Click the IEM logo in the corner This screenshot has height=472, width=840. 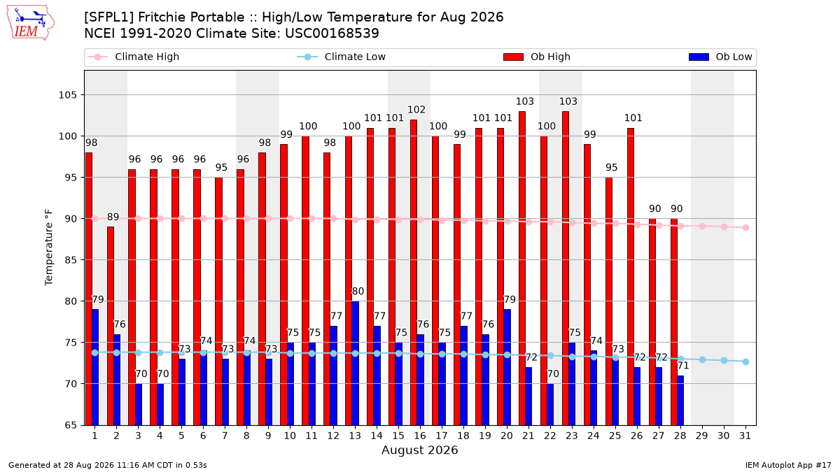click(x=31, y=23)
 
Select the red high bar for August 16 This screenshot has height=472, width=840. click(x=414, y=272)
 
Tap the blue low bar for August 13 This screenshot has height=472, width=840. click(x=355, y=363)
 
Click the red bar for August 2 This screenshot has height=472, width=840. click(x=111, y=326)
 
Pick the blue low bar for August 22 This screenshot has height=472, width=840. click(x=550, y=404)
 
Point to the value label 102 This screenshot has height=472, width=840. click(x=416, y=110)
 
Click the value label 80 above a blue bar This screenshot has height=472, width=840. click(x=358, y=291)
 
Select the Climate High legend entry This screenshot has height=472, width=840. click(x=134, y=57)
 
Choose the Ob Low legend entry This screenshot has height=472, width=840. click(x=720, y=57)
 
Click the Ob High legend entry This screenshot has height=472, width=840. click(x=537, y=57)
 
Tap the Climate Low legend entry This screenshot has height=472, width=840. click(x=342, y=57)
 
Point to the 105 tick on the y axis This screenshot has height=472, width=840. click(x=67, y=95)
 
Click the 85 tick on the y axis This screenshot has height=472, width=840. click(x=71, y=260)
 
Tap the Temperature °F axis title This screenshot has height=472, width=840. click(x=49, y=248)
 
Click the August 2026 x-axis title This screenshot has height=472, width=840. click(x=419, y=450)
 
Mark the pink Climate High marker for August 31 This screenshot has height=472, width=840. click(x=746, y=228)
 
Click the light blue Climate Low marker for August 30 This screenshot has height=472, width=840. click(x=724, y=360)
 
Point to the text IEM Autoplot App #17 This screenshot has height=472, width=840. click(x=788, y=465)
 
